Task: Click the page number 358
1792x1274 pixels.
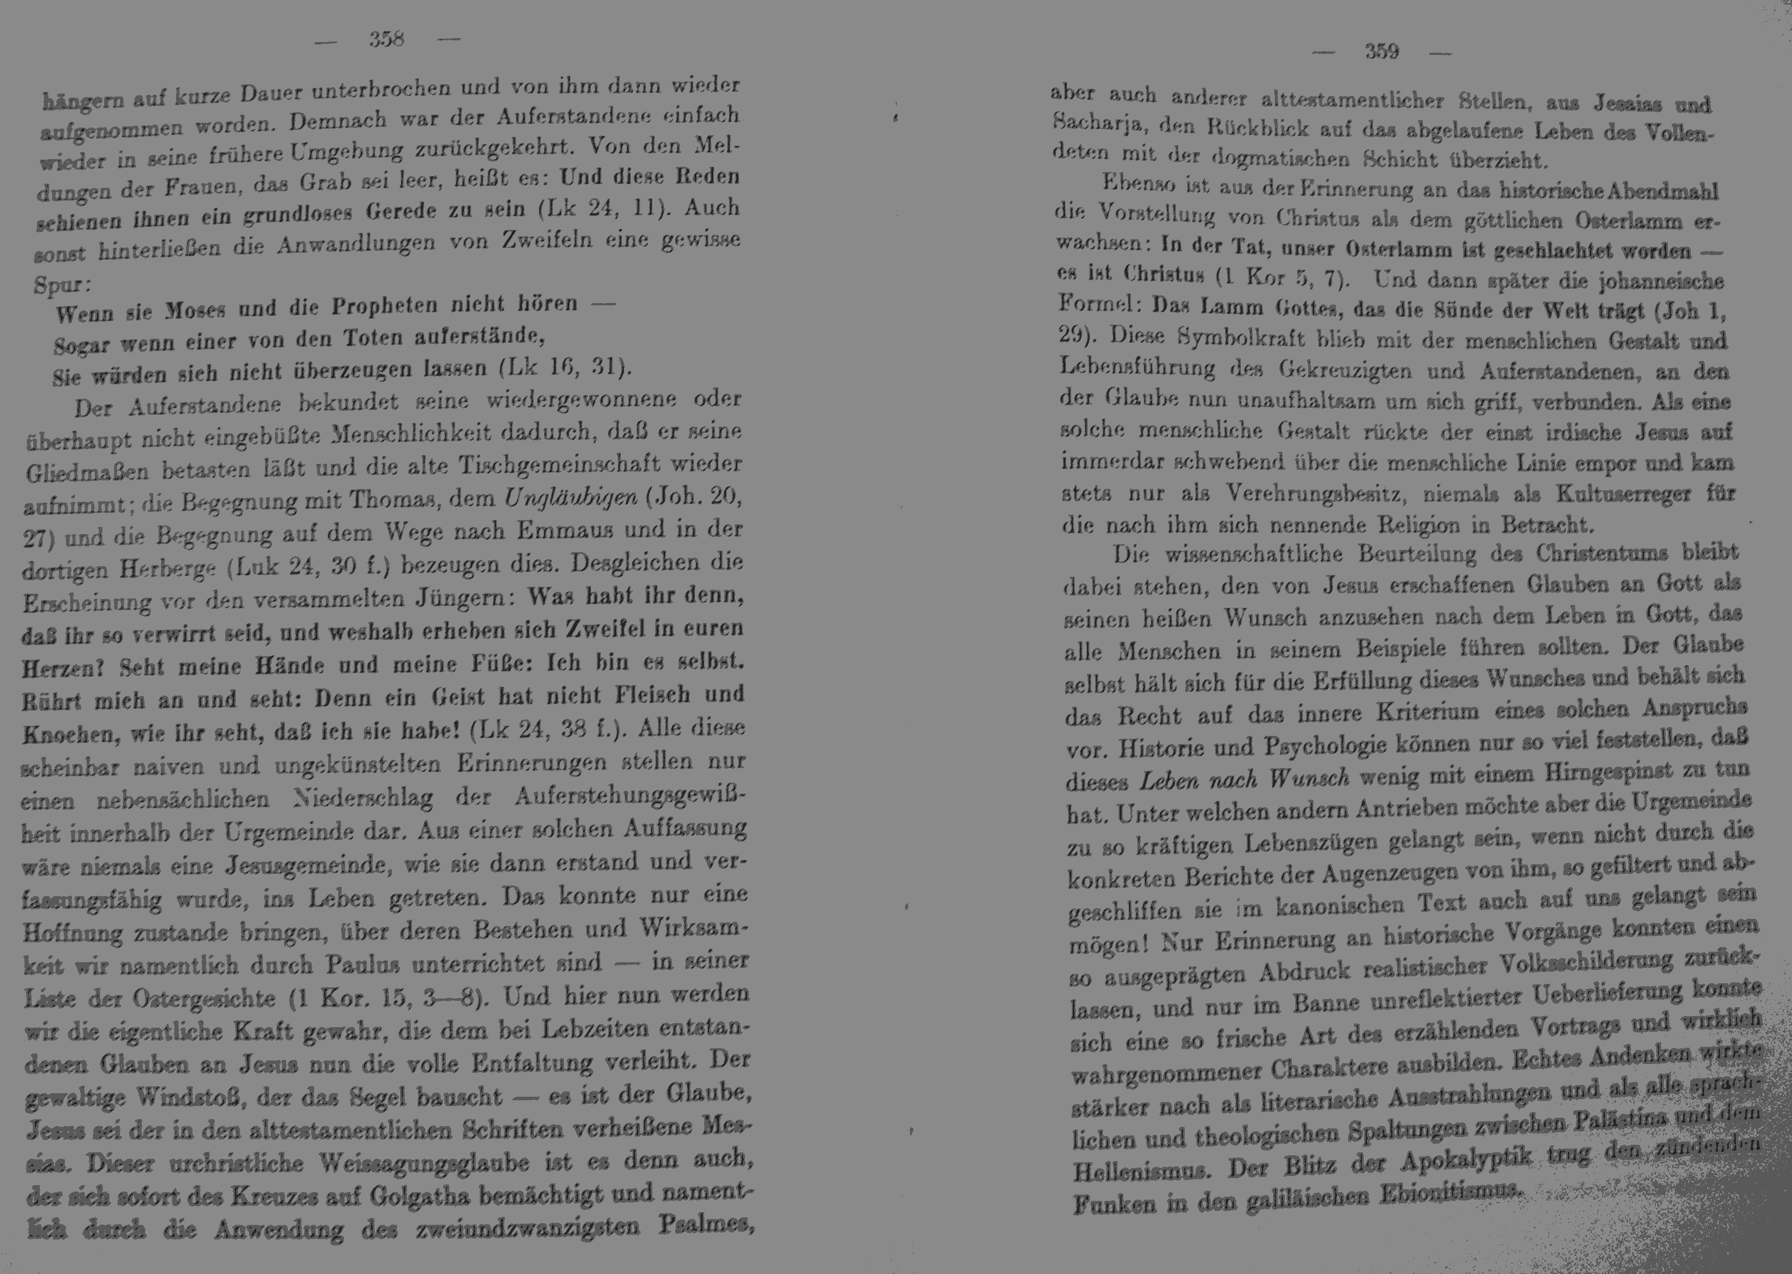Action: [x=386, y=39]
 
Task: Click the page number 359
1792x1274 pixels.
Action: [x=1382, y=52]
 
